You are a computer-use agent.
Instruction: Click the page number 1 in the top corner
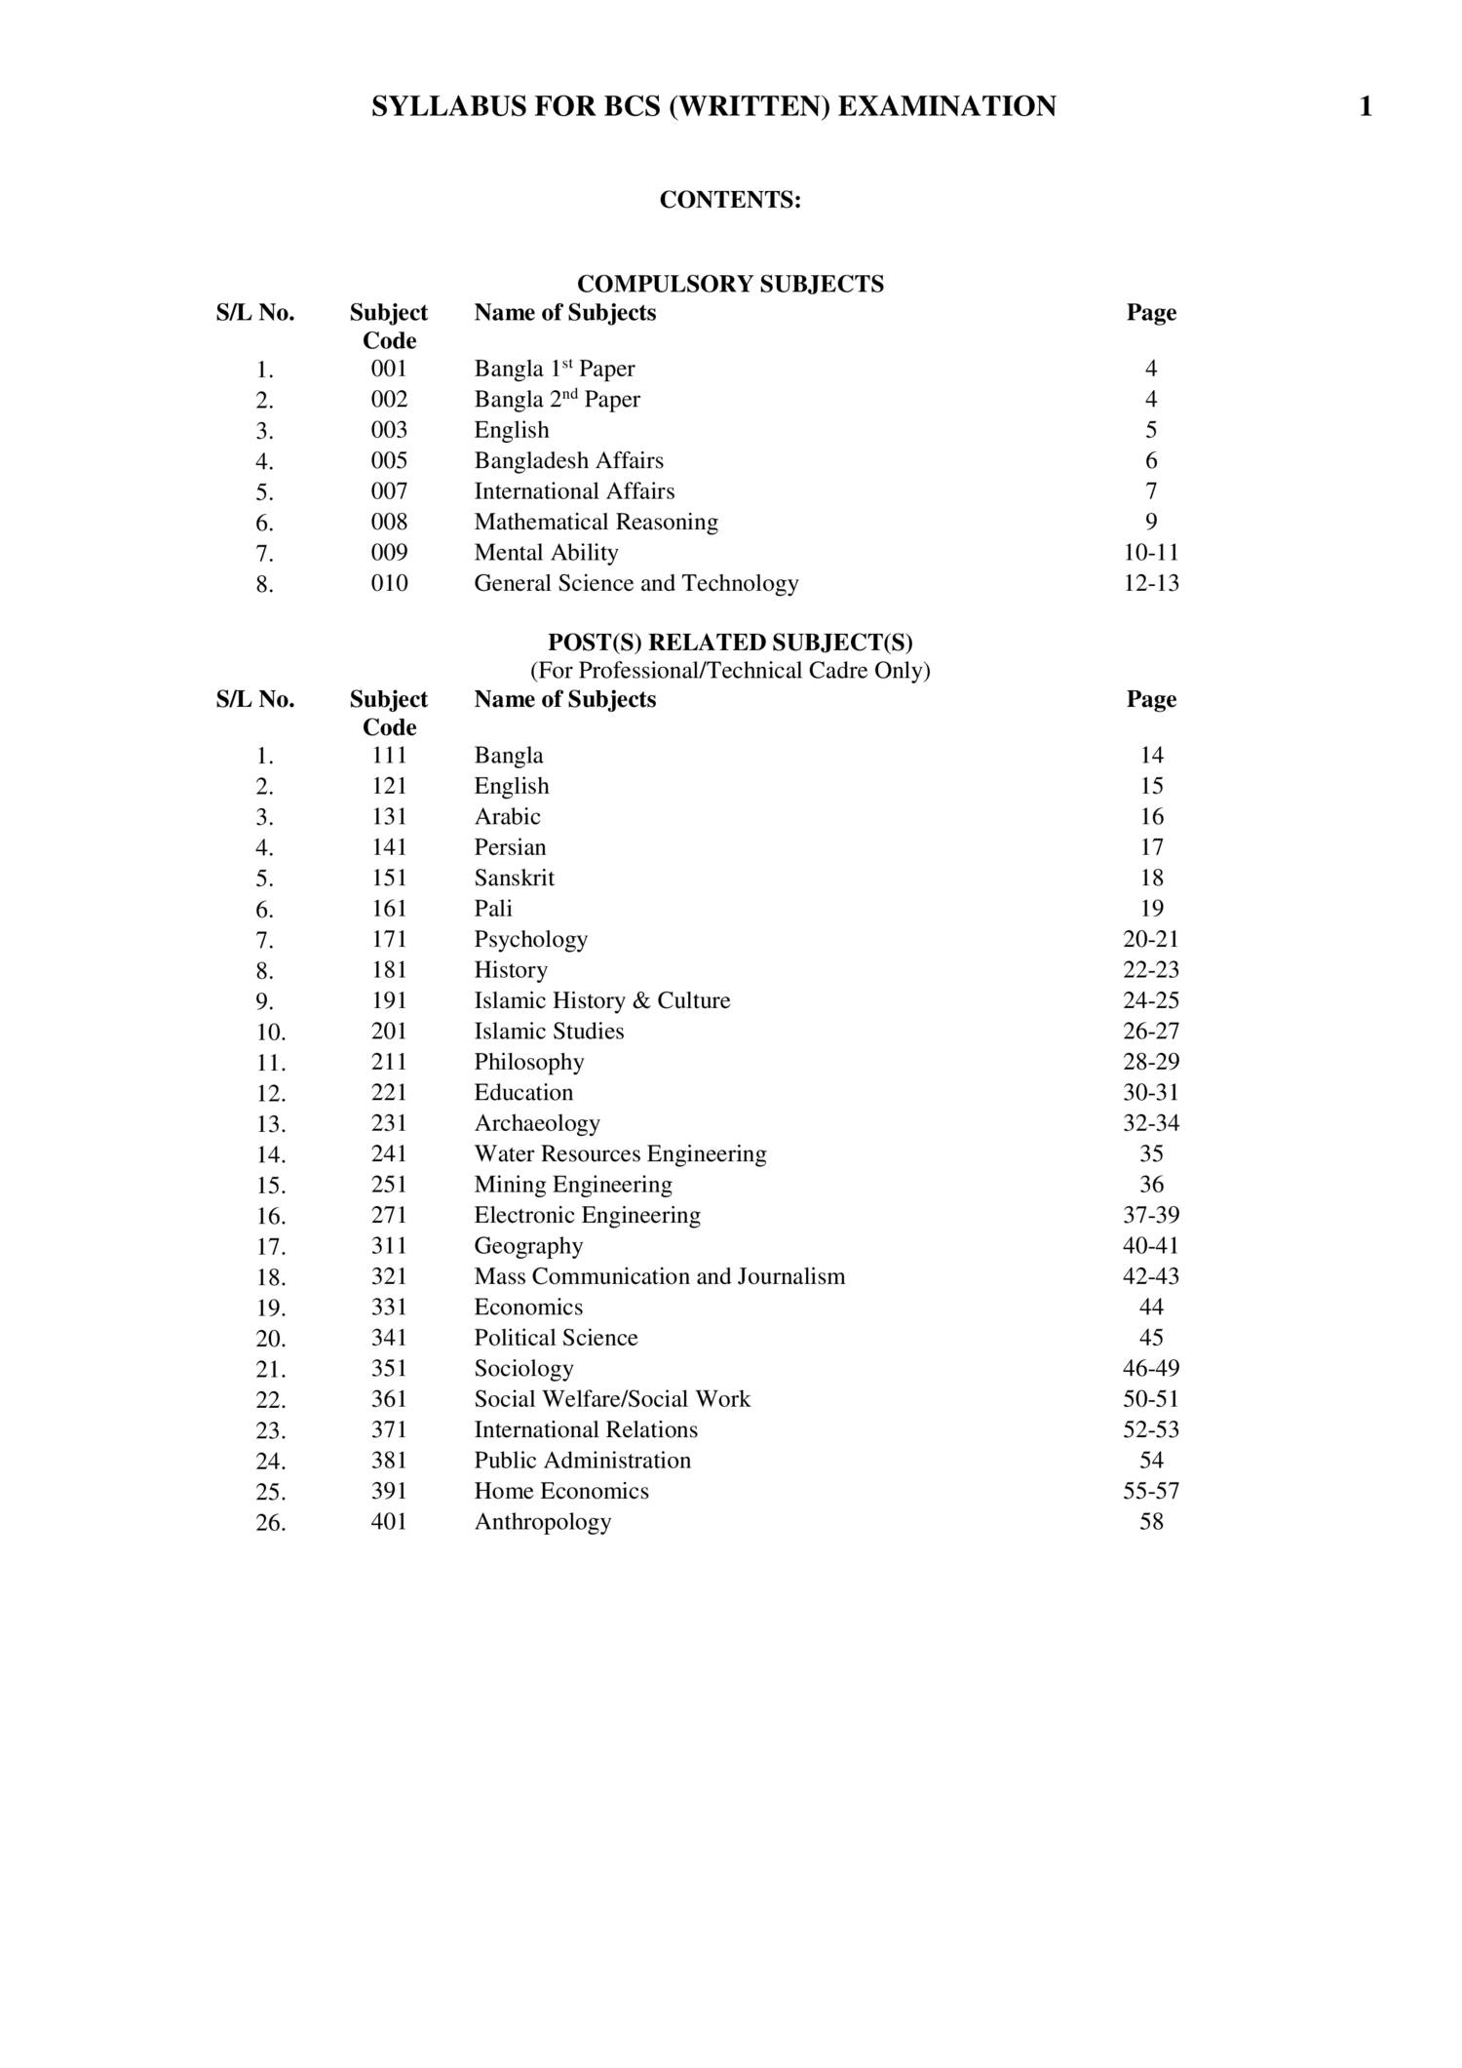pyautogui.click(x=1365, y=106)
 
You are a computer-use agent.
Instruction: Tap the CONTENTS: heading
pyautogui.click(x=730, y=200)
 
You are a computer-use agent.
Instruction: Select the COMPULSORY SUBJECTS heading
pyautogui.click(x=730, y=284)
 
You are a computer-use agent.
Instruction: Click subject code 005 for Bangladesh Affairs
pyautogui.click(x=389, y=460)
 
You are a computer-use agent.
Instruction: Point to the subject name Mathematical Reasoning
pyautogui.click(x=596, y=522)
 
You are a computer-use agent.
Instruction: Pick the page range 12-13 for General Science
pyautogui.click(x=1150, y=583)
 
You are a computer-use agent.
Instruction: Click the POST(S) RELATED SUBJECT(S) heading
pyautogui.click(x=730, y=643)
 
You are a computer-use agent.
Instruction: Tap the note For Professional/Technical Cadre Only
pyautogui.click(x=730, y=671)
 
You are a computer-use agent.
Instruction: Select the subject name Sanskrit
pyautogui.click(x=514, y=878)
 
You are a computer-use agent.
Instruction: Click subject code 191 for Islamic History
pyautogui.click(x=389, y=1000)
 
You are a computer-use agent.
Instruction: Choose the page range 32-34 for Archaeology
pyautogui.click(x=1150, y=1123)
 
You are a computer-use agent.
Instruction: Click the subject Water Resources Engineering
pyautogui.click(x=620, y=1153)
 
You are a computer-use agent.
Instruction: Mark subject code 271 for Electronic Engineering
pyautogui.click(x=389, y=1215)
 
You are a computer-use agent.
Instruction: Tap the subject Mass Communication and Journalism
pyautogui.click(x=659, y=1276)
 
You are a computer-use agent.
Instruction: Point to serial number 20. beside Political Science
pyautogui.click(x=270, y=1339)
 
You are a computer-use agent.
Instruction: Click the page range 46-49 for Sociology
pyautogui.click(x=1150, y=1368)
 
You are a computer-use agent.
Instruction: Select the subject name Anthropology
pyautogui.click(x=542, y=1522)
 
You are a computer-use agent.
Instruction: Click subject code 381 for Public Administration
pyautogui.click(x=389, y=1461)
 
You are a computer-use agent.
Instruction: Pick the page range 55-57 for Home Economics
pyautogui.click(x=1150, y=1491)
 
